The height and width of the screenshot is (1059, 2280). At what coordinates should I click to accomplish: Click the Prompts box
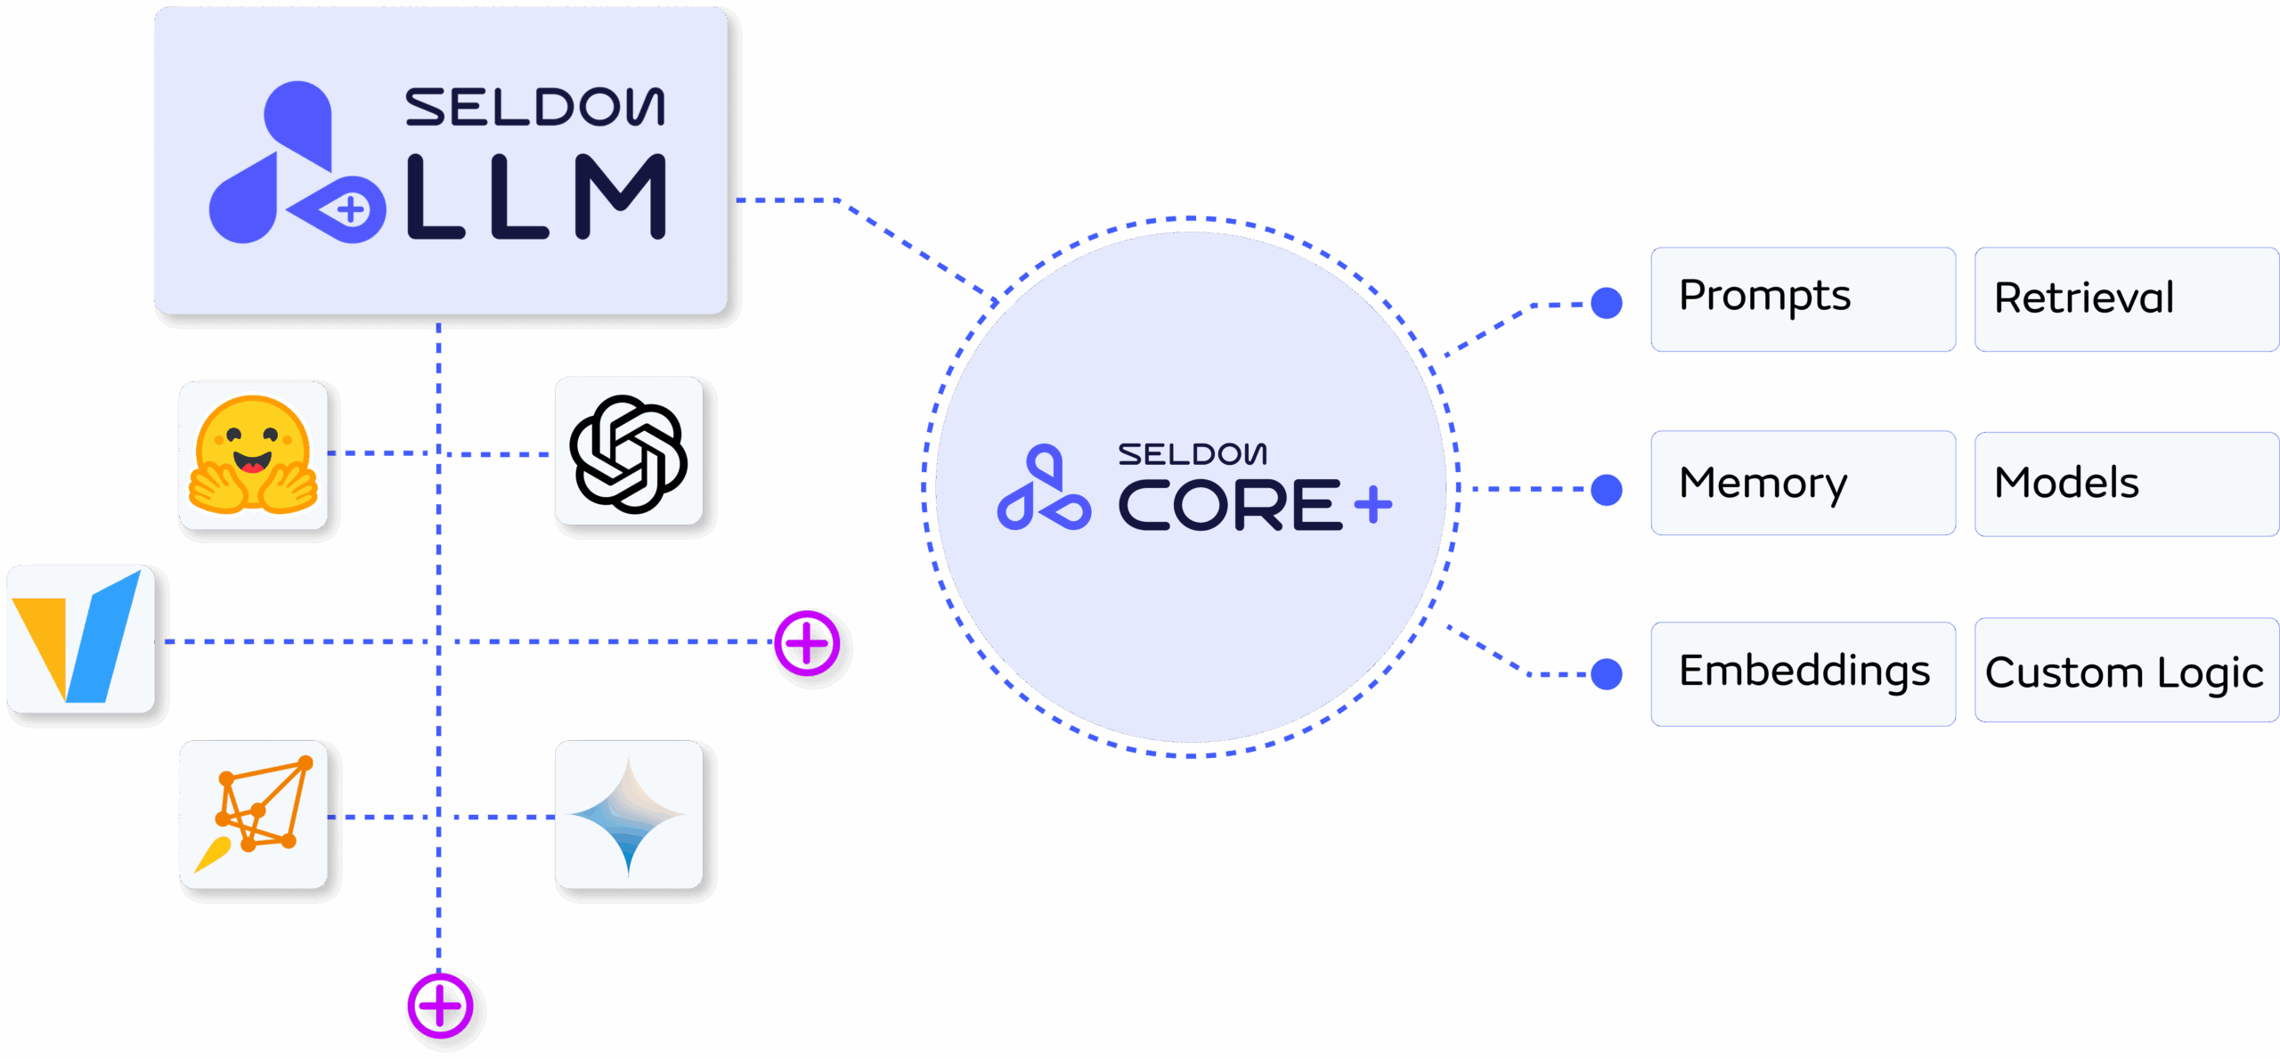(1803, 299)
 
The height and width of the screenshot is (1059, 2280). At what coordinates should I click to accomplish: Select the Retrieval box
(2125, 299)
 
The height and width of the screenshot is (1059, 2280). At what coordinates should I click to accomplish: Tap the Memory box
(1803, 483)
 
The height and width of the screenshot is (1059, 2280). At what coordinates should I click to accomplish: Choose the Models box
(2125, 484)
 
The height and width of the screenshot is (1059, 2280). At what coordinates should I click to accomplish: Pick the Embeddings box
(1803, 673)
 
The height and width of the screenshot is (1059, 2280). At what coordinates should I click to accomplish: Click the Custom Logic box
(2125, 671)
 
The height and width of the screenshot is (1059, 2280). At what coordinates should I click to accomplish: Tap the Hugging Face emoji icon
(254, 455)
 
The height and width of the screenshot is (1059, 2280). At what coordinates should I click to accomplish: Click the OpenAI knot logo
(629, 452)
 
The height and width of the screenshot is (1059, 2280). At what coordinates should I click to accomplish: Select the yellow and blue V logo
(81, 639)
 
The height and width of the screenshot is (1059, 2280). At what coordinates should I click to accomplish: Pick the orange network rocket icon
(254, 814)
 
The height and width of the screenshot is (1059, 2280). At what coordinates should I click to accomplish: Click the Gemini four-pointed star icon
(629, 814)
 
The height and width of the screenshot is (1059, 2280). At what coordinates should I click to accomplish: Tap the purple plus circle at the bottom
(440, 1006)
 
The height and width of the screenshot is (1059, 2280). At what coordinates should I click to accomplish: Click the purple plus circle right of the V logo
(807, 643)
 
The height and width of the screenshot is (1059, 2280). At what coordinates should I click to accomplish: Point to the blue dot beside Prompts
(1607, 303)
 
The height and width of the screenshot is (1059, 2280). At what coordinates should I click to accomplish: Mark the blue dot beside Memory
(1607, 489)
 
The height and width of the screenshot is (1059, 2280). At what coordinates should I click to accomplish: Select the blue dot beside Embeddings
(1607, 674)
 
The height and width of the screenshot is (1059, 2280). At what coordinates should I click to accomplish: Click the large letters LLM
(536, 197)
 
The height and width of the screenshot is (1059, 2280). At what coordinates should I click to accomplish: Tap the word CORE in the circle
(1229, 505)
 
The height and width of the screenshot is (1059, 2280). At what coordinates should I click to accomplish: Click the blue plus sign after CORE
(1373, 505)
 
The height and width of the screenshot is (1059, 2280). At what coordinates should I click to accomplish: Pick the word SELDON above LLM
(534, 107)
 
